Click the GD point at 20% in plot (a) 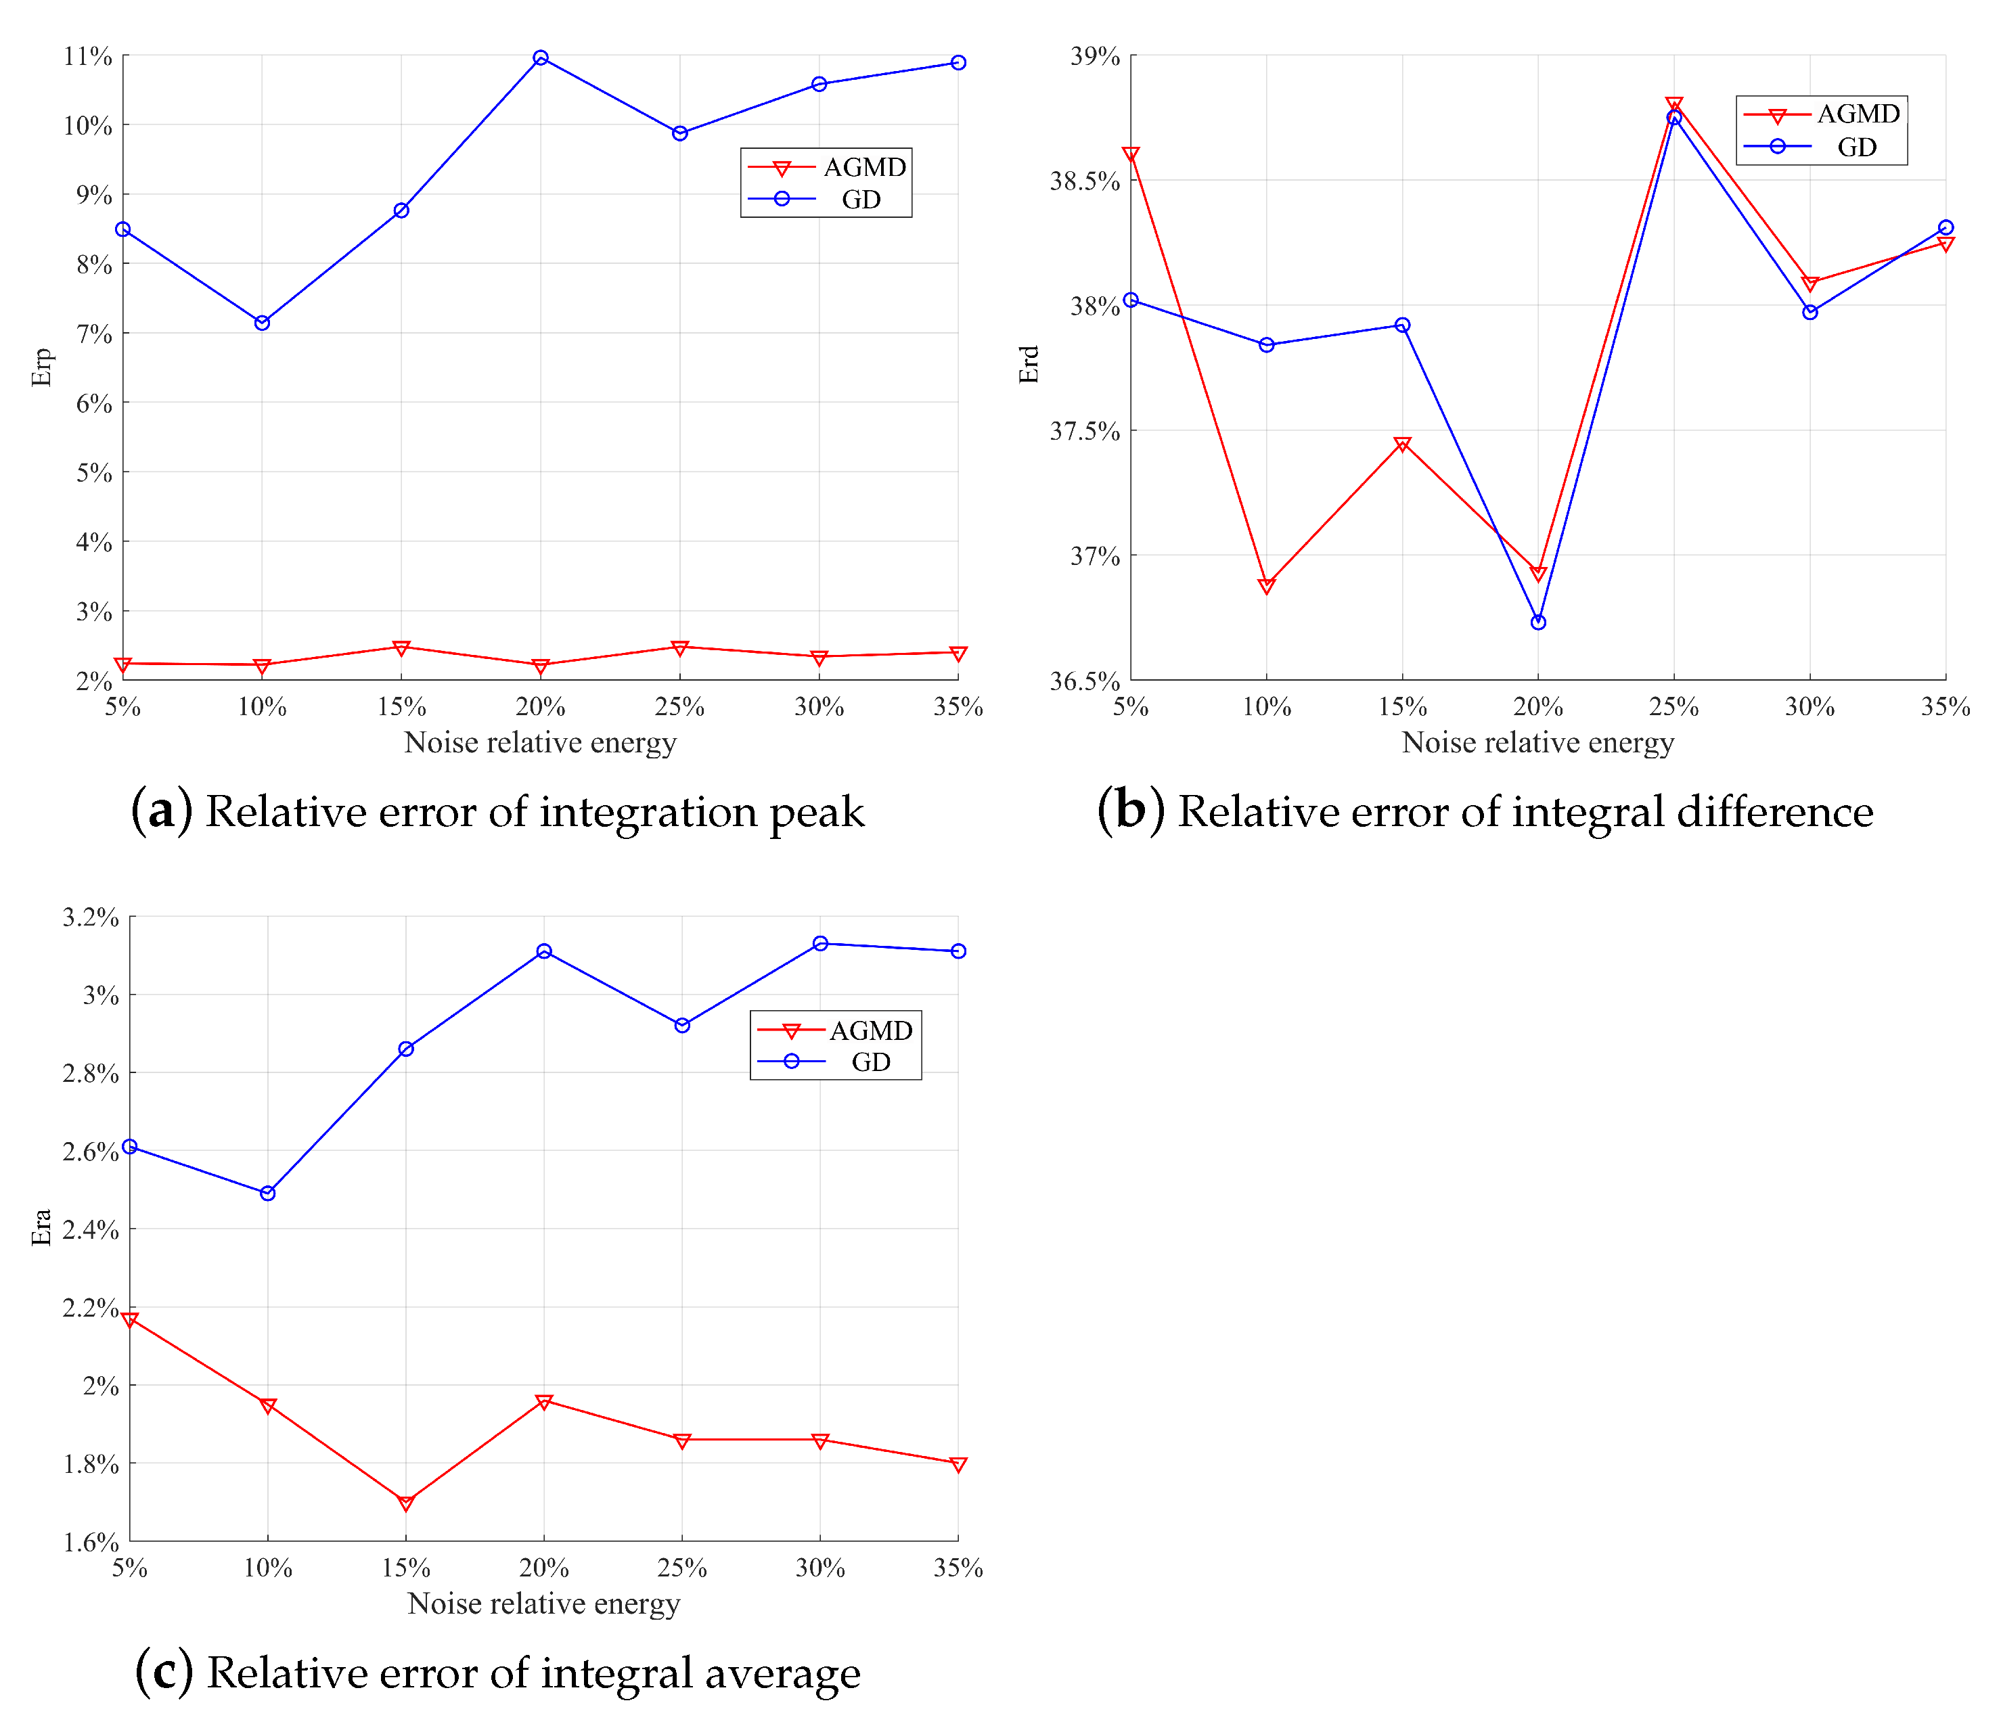[541, 58]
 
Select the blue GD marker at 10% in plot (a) [262, 323]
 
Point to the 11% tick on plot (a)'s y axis [88, 56]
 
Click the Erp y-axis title [41, 367]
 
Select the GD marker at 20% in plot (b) [1538, 622]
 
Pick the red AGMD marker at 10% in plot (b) [1267, 586]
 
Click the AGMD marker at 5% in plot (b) [1131, 154]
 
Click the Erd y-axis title [1029, 365]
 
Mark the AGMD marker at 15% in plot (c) [405, 1503]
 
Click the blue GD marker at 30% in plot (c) [820, 943]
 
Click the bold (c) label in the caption [164, 1673]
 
